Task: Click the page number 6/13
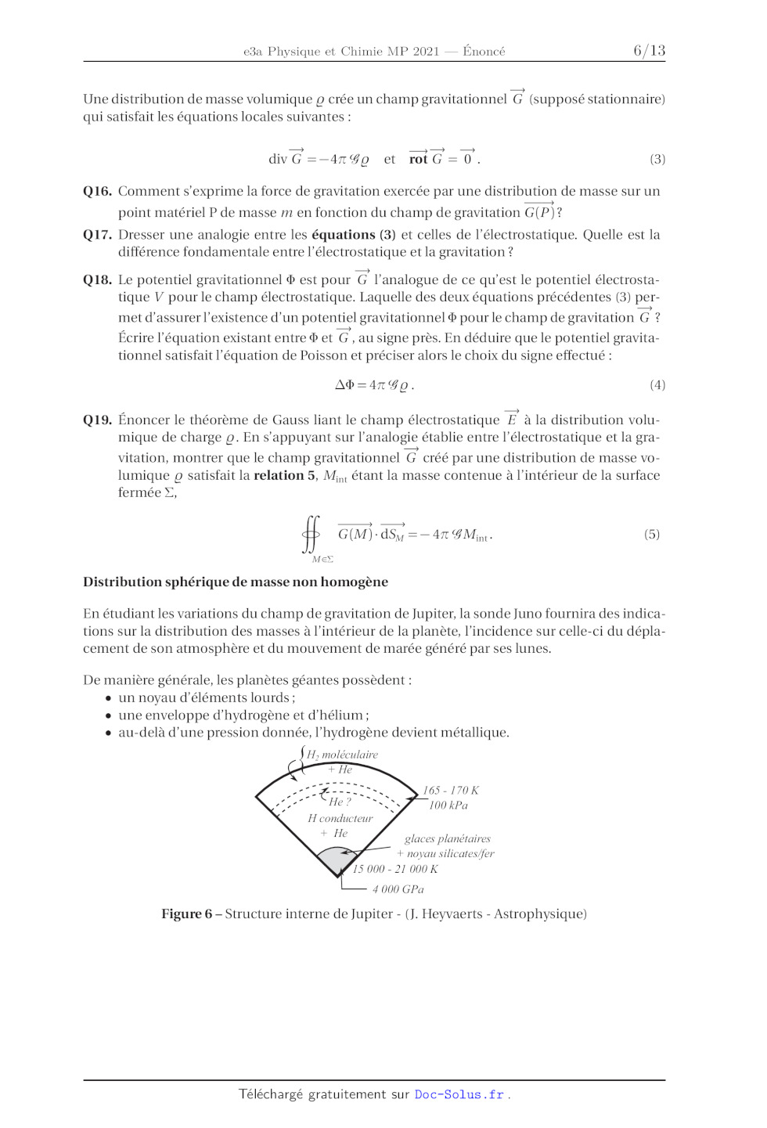649,51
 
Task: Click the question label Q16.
98,191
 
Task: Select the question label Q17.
98,235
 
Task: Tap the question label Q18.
98,280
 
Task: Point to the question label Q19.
98,420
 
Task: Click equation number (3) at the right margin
657,159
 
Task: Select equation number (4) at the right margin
657,385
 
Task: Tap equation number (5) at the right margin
652,535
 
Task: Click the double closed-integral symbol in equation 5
311,534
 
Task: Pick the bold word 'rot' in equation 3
418,160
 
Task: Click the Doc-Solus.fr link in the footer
459,1094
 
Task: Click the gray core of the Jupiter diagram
337,861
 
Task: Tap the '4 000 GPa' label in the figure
398,889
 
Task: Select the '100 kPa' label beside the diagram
448,805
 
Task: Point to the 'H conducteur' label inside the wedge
340,819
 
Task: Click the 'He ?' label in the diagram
340,802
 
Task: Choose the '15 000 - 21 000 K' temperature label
395,869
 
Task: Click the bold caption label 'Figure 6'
186,914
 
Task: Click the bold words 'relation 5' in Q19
285,476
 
